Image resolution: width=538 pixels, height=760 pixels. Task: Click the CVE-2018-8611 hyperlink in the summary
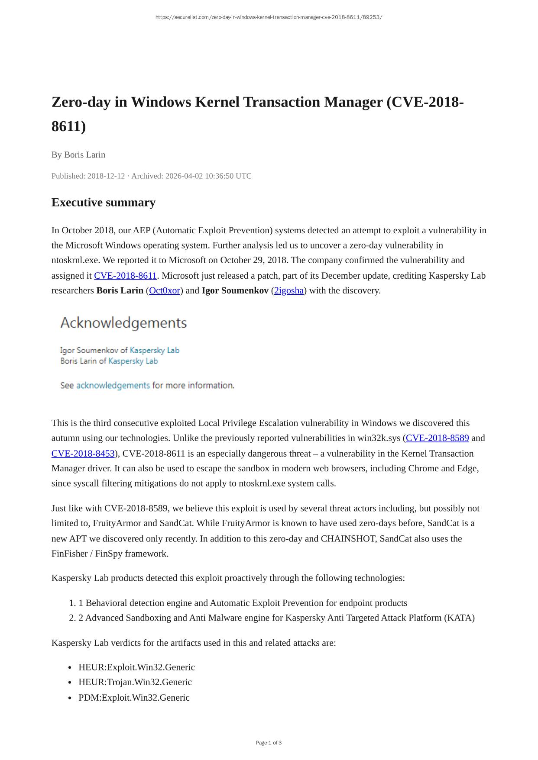click(125, 276)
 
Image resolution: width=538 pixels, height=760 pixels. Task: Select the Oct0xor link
click(164, 290)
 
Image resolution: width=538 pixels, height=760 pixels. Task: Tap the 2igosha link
click(289, 290)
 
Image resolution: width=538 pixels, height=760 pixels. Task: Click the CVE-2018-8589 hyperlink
click(437, 438)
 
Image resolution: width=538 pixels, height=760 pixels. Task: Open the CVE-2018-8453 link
click(83, 454)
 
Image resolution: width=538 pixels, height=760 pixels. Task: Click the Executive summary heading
click(103, 203)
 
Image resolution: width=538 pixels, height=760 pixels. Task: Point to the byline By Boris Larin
click(78, 155)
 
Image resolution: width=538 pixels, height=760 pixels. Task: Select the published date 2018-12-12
click(106, 176)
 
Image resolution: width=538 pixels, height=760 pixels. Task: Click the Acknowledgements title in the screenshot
click(123, 323)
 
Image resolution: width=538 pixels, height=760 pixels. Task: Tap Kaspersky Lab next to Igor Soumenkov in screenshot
click(155, 350)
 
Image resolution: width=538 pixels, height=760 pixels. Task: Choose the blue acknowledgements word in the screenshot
click(113, 385)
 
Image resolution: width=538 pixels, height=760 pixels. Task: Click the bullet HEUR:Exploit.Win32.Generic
click(136, 667)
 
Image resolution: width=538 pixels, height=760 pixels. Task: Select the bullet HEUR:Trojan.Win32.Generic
click(135, 682)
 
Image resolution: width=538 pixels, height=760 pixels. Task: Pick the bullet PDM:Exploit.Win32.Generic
click(134, 698)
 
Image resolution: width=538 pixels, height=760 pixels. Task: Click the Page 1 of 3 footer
click(269, 743)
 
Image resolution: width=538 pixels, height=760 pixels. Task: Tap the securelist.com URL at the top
click(269, 17)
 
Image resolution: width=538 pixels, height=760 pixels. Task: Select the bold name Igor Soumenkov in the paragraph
click(235, 290)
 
